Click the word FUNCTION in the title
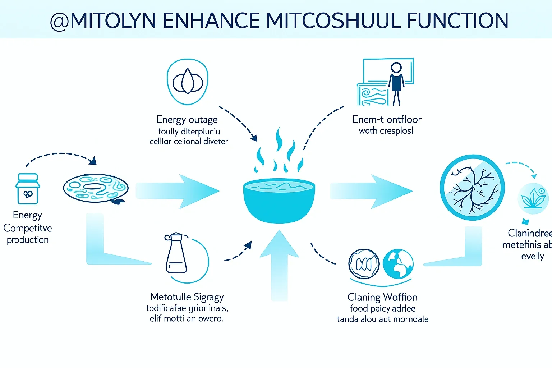(x=457, y=20)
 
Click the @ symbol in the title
(x=59, y=21)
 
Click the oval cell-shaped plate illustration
(x=95, y=188)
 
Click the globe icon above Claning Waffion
(x=398, y=264)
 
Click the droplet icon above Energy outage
(x=188, y=82)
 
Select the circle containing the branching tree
(x=472, y=187)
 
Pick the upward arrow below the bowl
(x=279, y=266)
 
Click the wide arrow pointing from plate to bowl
(x=178, y=191)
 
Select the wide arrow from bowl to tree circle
(x=371, y=191)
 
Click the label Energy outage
(x=187, y=120)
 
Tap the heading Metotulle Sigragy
(x=187, y=297)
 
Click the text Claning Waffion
(x=382, y=297)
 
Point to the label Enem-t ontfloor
(x=387, y=119)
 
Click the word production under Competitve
(x=28, y=240)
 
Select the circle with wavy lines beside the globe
(x=364, y=264)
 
